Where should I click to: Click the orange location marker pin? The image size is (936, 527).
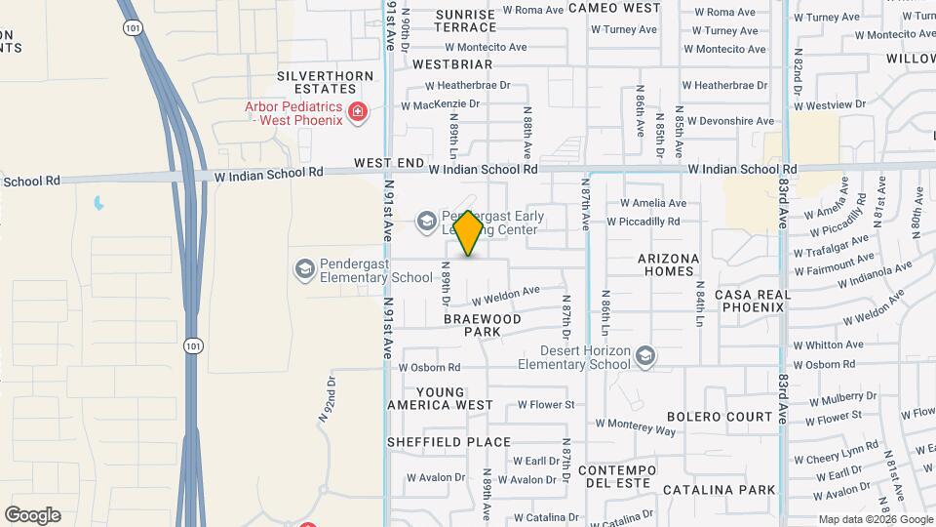469,232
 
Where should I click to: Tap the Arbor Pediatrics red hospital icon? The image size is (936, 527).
358,113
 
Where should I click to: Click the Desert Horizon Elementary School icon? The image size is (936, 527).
645,357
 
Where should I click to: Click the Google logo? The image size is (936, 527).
32,515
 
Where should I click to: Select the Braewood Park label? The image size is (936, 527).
483,325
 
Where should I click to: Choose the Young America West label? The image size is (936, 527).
440,398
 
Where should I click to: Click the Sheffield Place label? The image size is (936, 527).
448,442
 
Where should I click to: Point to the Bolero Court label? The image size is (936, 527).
721,417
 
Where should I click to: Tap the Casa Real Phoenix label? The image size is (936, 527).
750,301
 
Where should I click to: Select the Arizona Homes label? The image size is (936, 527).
669,265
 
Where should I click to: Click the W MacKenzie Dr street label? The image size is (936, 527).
441,104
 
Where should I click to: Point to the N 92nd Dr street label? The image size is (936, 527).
327,400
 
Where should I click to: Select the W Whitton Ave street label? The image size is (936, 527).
828,345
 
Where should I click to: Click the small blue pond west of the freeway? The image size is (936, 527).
97,204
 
